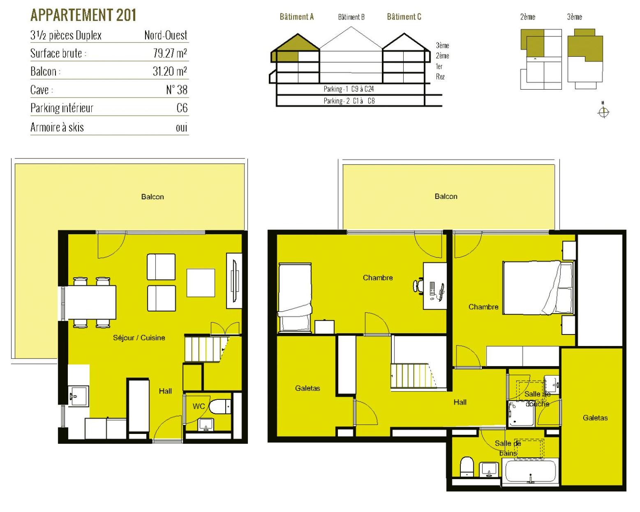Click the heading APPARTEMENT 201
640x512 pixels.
coord(83,15)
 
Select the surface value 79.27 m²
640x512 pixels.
coord(170,53)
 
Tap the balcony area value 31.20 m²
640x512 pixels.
coord(170,71)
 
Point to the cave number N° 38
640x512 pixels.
coord(177,90)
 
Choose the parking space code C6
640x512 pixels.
coord(182,108)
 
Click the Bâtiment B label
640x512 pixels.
coord(351,17)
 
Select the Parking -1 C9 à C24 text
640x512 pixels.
coord(349,89)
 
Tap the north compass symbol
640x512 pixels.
coord(603,112)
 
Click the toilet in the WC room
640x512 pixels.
coord(220,406)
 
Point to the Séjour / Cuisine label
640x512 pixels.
coord(139,338)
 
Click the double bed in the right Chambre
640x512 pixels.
coord(538,288)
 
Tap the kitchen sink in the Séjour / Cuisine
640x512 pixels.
coord(78,396)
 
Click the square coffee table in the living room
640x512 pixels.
coord(201,282)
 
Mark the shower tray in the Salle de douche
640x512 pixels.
coord(520,413)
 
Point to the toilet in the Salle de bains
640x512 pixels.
coord(467,467)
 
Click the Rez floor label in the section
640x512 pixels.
coord(440,77)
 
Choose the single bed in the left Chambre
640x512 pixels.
coord(295,298)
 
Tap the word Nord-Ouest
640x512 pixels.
coord(166,35)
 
